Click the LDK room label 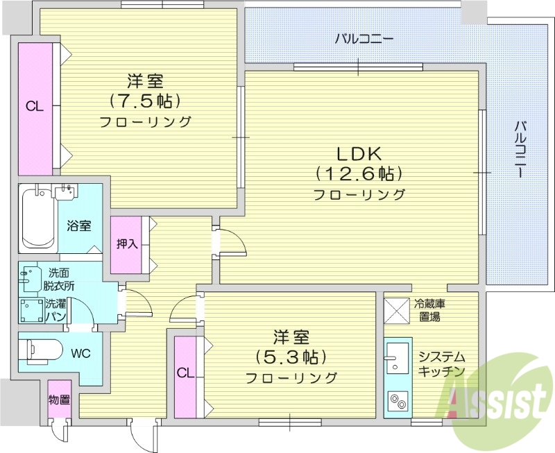pyautogui.click(x=360, y=153)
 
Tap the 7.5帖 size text pyautogui.click(x=145, y=101)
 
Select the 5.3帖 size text pyautogui.click(x=291, y=357)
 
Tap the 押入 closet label pyautogui.click(x=127, y=244)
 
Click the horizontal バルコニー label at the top pyautogui.click(x=364, y=39)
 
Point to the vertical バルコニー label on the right pyautogui.click(x=520, y=150)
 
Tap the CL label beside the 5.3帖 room pyautogui.click(x=185, y=373)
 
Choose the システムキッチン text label pyautogui.click(x=441, y=364)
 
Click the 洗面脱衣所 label pyautogui.click(x=59, y=280)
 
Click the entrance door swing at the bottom pyautogui.click(x=143, y=434)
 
